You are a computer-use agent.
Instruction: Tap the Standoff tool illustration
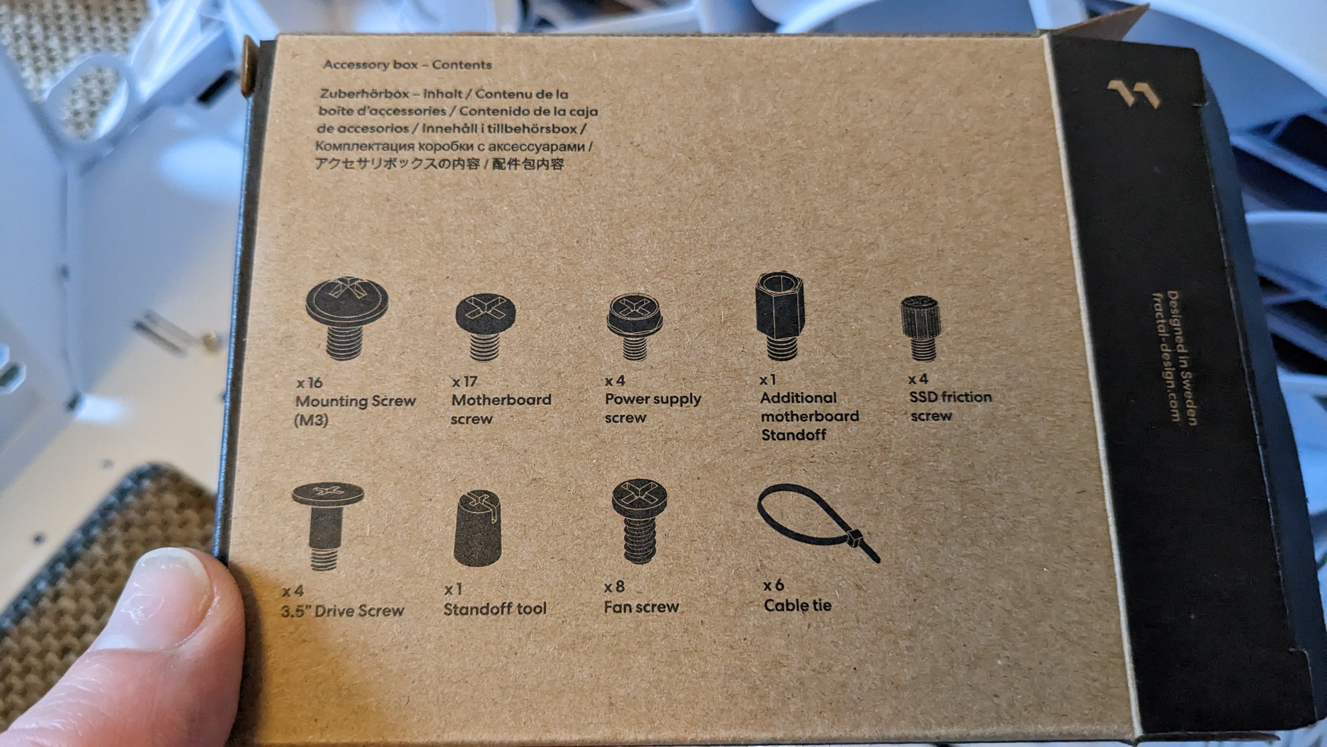pyautogui.click(x=478, y=528)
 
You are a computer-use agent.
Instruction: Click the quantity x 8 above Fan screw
pyautogui.click(x=614, y=587)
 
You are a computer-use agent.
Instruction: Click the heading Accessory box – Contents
pyautogui.click(x=407, y=65)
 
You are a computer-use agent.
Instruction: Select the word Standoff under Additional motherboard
pyautogui.click(x=793, y=435)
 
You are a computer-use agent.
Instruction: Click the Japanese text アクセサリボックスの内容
pyautogui.click(x=397, y=165)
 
